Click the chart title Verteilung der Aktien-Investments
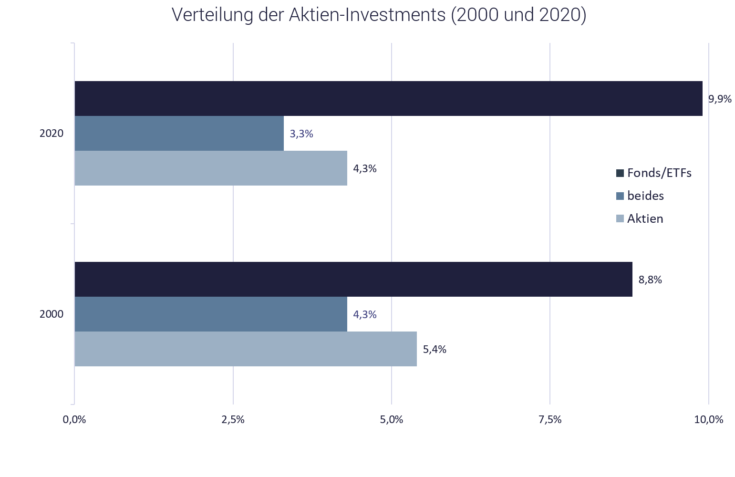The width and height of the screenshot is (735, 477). coord(379,15)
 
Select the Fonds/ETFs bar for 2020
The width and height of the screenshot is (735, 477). coord(388,98)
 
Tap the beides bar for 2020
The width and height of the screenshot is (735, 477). coord(179,134)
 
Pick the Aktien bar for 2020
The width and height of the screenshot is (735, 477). coord(210,168)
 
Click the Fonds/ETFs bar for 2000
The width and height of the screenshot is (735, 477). coord(353,279)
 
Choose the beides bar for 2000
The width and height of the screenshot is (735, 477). coord(210,314)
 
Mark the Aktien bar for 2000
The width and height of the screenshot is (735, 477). coord(245,349)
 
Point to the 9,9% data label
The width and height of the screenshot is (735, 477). coord(720,99)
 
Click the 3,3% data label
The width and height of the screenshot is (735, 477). coord(301,134)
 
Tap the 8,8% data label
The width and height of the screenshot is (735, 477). coord(650,280)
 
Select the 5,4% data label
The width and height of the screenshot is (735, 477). coord(435,350)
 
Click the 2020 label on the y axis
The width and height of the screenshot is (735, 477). coord(52,134)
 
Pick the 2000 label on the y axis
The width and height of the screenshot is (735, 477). coord(52,314)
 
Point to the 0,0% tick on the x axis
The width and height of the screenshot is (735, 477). coord(74,420)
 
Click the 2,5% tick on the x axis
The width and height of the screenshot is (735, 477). coord(233,420)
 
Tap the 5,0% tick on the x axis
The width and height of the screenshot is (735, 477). coord(392,420)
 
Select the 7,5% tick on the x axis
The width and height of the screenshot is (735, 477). coord(550,420)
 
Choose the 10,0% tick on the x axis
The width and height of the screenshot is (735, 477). coord(709,420)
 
